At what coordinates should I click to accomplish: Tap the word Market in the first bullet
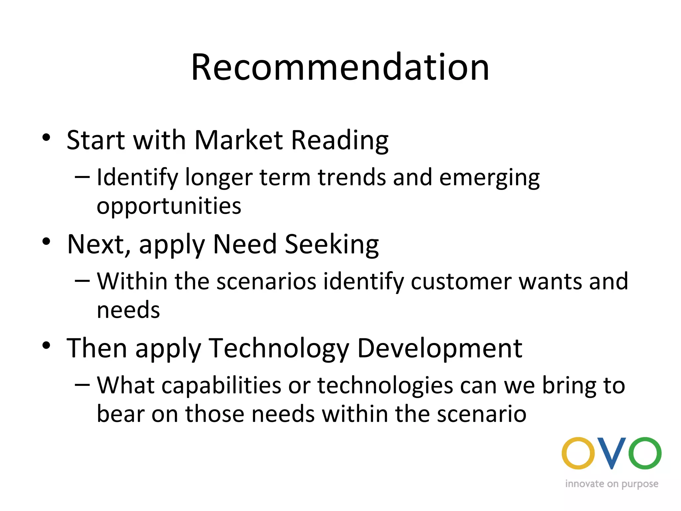click(x=238, y=140)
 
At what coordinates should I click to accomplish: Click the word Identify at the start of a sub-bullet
click(x=137, y=178)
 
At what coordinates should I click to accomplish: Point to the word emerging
click(x=489, y=178)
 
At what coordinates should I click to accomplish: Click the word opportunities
click(x=169, y=206)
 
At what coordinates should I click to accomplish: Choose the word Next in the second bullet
click(x=96, y=244)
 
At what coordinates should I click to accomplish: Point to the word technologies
click(x=385, y=386)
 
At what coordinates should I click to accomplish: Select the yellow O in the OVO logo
click(x=578, y=453)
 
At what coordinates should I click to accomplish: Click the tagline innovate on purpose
click(x=612, y=484)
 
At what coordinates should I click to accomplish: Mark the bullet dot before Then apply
click(x=46, y=346)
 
